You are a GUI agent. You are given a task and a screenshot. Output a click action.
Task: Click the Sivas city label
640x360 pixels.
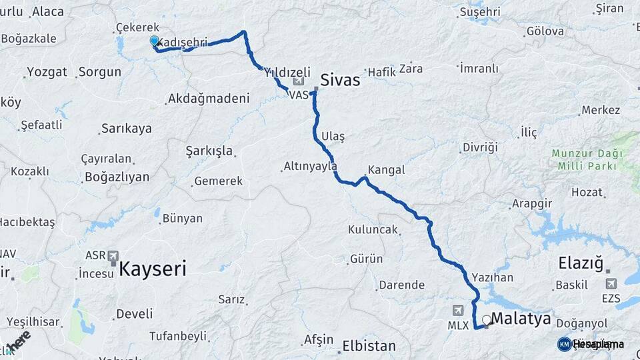[340, 80]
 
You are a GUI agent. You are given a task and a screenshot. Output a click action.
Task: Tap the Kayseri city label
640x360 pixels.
[153, 269]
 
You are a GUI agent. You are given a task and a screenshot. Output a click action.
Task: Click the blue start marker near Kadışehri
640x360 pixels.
[155, 41]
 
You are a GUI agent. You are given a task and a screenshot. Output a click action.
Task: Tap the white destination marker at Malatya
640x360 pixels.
[487, 319]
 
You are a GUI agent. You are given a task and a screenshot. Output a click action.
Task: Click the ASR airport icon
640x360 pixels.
[111, 256]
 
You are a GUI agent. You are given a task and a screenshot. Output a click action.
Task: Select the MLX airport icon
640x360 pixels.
[458, 310]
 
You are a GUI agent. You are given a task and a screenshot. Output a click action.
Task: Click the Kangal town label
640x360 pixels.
[386, 170]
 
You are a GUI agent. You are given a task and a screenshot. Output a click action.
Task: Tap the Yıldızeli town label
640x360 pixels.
[287, 71]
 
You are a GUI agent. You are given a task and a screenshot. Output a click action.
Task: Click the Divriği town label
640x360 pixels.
[480, 146]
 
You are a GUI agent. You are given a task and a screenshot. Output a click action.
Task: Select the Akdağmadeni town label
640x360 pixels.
[209, 98]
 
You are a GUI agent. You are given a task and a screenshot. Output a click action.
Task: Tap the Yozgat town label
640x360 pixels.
[45, 72]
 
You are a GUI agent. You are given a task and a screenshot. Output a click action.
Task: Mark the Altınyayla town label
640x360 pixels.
[310, 165]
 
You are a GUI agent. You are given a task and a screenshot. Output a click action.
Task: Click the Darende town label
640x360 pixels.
[401, 285]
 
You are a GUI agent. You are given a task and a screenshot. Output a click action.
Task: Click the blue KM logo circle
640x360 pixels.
[565, 344]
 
